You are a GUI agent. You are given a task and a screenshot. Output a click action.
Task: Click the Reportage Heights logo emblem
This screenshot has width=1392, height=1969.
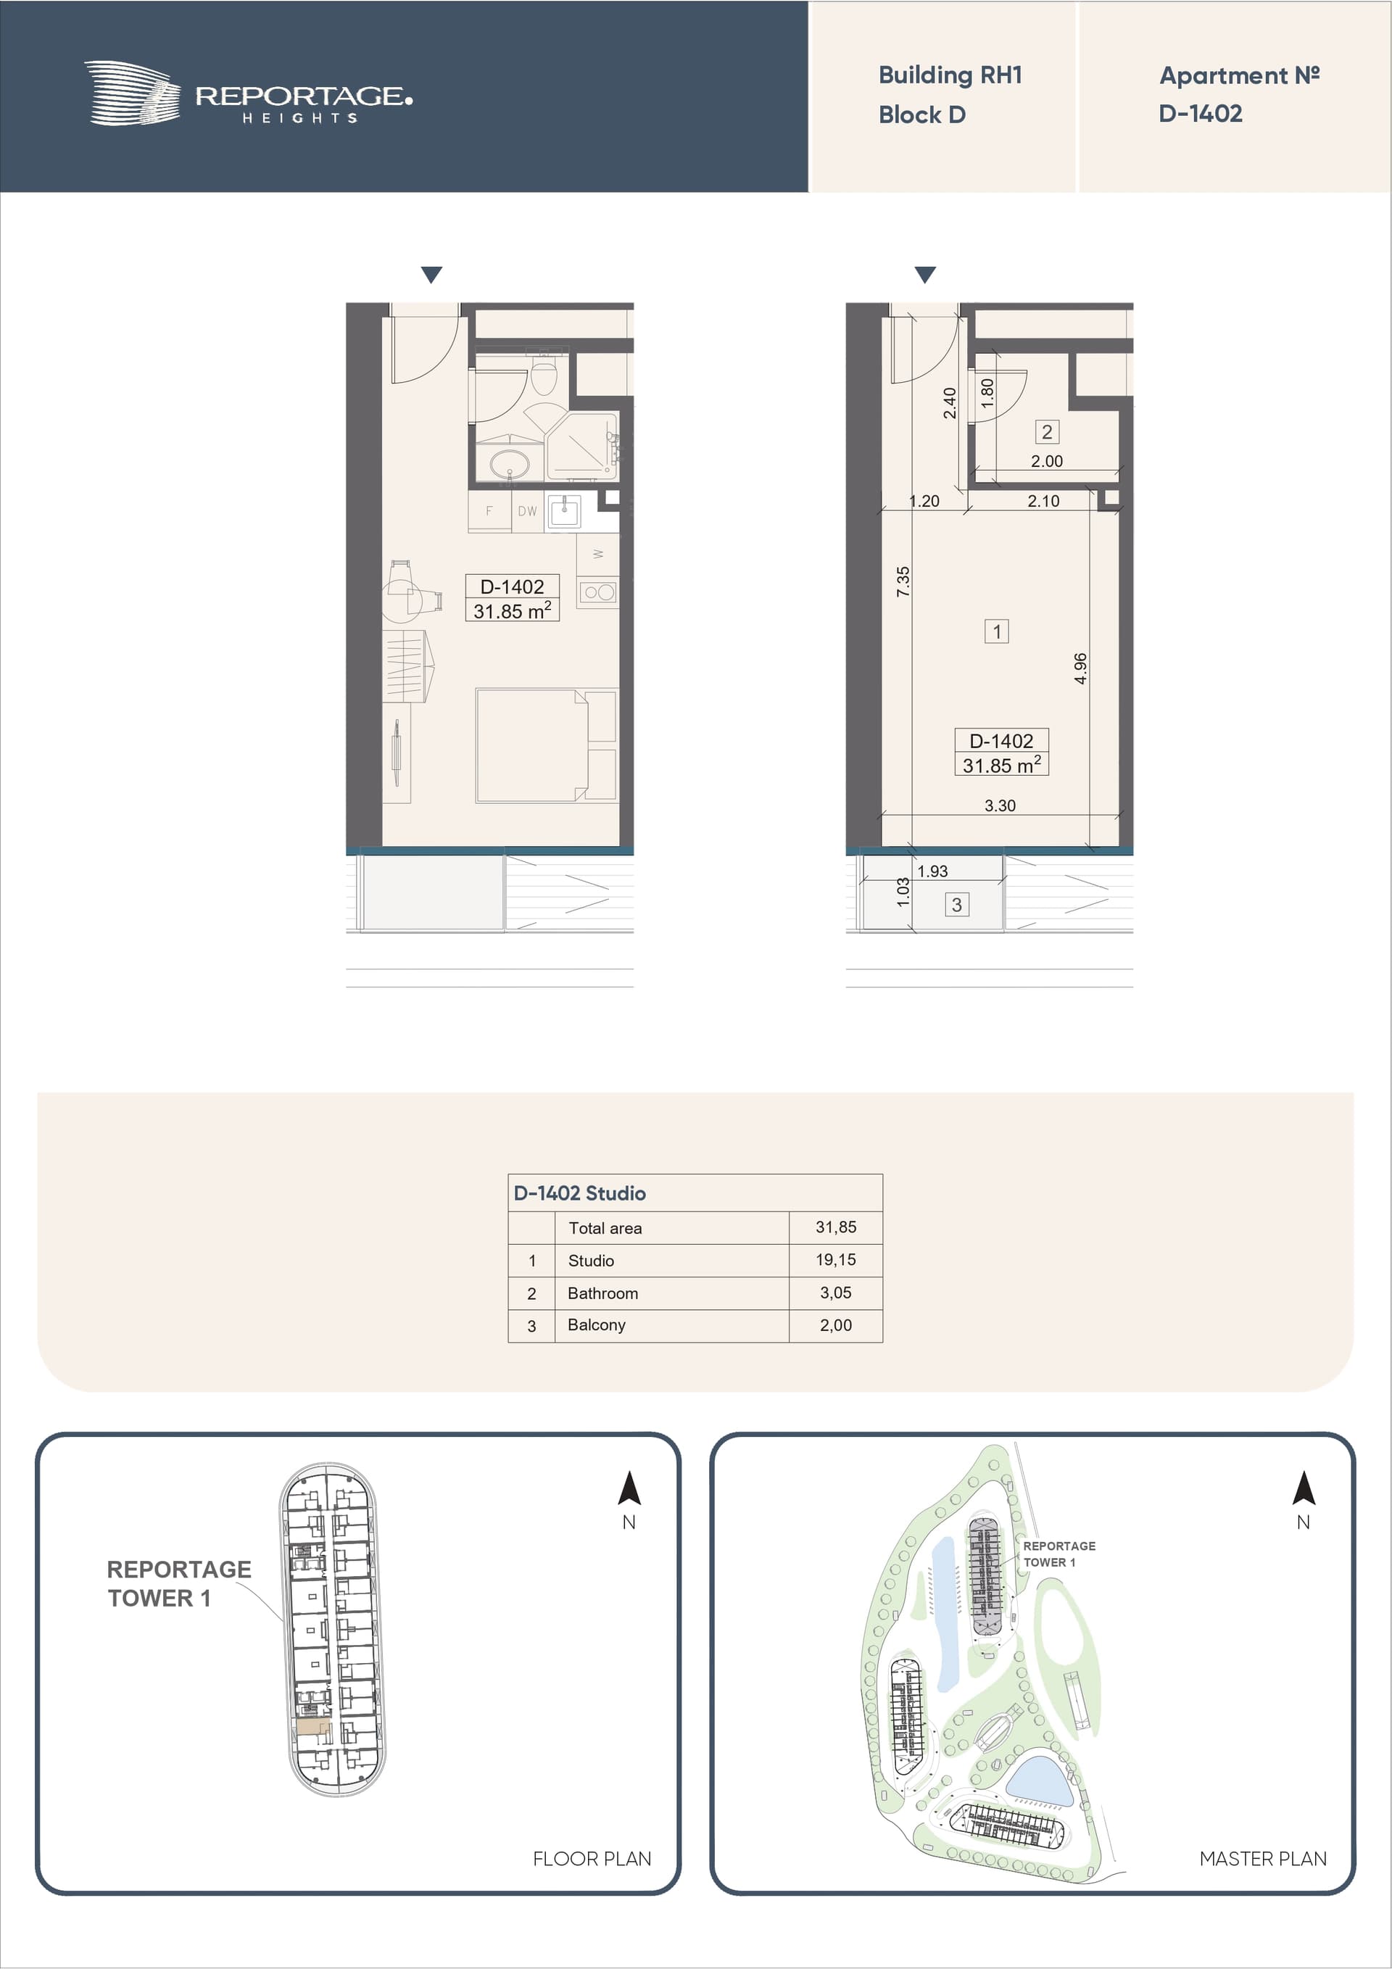pos(132,93)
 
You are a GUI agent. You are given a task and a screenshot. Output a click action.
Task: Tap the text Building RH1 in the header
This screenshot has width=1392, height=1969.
pos(950,75)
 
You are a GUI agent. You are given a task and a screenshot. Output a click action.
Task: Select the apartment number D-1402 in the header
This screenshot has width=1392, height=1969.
pos(1200,113)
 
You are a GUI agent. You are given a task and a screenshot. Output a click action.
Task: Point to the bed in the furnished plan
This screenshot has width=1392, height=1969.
pos(545,745)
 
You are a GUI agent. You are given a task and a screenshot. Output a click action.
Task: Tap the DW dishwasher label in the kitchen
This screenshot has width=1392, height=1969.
pos(526,511)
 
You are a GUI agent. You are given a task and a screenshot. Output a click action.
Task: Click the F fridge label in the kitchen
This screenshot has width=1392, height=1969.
pos(489,511)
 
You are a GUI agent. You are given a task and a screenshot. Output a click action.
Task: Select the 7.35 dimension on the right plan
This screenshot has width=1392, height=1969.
pos(903,581)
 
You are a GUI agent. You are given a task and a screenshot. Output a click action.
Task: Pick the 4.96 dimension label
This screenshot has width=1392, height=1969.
pos(1081,668)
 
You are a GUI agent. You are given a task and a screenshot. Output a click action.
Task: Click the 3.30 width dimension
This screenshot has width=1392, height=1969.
pos(1000,805)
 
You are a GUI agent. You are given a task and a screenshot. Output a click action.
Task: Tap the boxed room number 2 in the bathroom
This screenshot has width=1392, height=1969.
pos(1046,431)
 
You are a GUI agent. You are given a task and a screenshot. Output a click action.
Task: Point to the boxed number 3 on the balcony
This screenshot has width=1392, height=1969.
pos(956,904)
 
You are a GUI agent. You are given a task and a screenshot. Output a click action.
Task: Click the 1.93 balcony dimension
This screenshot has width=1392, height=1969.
pos(932,871)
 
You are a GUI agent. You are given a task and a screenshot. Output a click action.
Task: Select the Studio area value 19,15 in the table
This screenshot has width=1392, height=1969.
pos(835,1260)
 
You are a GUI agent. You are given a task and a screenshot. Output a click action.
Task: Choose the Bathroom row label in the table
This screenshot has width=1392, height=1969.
pos(603,1293)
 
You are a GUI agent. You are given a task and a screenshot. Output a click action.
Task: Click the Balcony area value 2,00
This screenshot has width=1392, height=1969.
pos(835,1325)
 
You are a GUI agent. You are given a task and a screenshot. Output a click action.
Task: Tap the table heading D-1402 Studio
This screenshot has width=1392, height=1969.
pos(580,1193)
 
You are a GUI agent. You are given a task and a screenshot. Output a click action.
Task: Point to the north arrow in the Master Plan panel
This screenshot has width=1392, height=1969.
pos(1304,1490)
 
